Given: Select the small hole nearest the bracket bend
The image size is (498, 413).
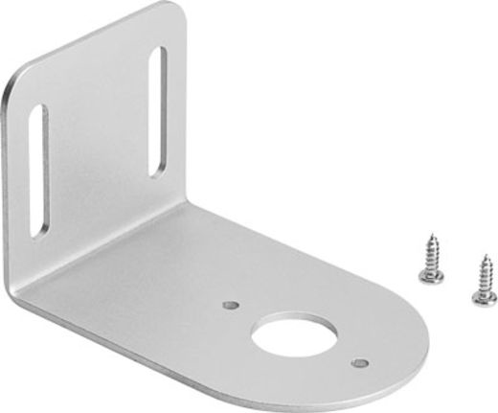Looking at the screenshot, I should point(230,306).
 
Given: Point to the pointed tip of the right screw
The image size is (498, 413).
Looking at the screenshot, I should point(487,255).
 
